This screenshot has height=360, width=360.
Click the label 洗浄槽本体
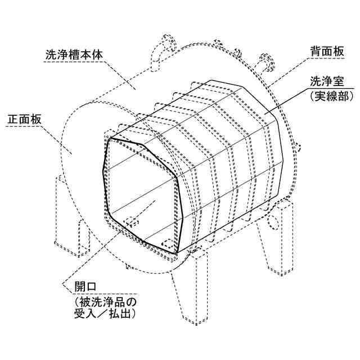pyautogui.click(x=74, y=56)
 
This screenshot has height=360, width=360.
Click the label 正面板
pyautogui.click(x=24, y=120)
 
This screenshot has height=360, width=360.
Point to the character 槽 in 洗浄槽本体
pyautogui.click(x=74, y=56)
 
